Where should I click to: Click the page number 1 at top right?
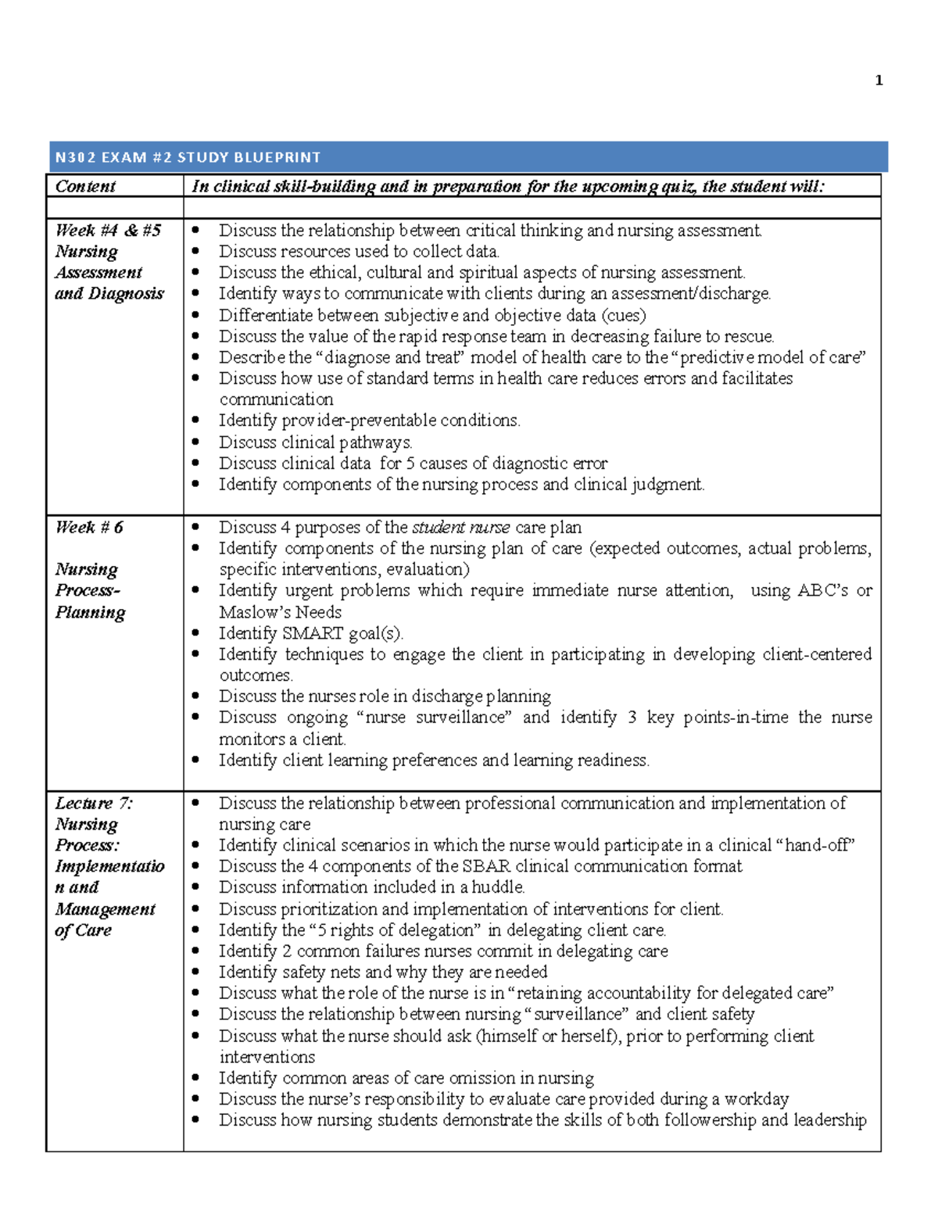(x=879, y=81)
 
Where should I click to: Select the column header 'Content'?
(x=85, y=186)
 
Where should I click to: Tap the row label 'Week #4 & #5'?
(x=108, y=230)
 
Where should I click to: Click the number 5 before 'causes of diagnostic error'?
(x=410, y=463)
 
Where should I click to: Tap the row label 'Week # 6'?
(x=89, y=527)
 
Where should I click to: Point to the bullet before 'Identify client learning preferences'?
(x=195, y=760)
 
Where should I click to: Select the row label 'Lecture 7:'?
(x=94, y=803)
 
